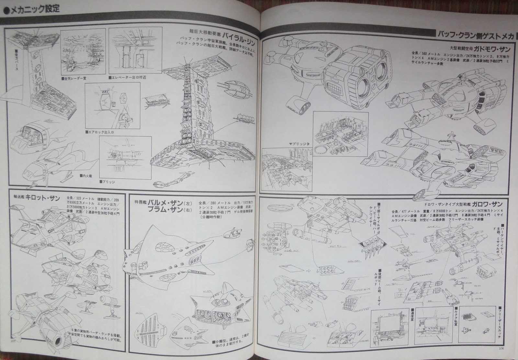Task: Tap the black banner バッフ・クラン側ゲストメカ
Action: (x=475, y=35)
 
